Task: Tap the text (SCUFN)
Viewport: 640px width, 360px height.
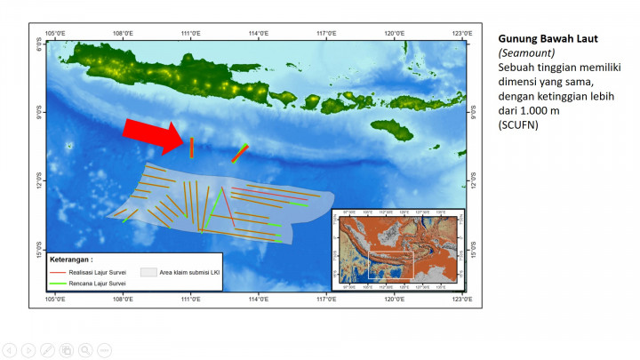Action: click(x=518, y=125)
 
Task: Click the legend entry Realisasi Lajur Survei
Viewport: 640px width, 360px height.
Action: click(x=98, y=272)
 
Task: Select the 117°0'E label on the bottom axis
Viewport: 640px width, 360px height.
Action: click(x=326, y=298)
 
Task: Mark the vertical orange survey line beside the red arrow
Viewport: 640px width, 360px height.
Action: click(x=191, y=147)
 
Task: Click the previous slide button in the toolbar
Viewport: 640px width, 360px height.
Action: click(x=9, y=349)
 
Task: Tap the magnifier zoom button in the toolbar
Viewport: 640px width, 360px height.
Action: click(x=85, y=349)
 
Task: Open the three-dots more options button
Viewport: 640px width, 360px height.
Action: click(x=104, y=349)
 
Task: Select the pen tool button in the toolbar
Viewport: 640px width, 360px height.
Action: click(x=47, y=349)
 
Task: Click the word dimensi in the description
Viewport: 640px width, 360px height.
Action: click(x=519, y=82)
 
